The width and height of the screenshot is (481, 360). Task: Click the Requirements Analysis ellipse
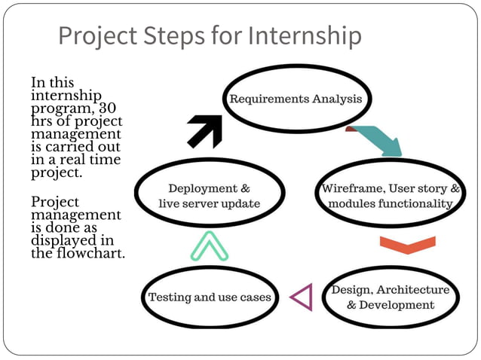296,99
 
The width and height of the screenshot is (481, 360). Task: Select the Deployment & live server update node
209,196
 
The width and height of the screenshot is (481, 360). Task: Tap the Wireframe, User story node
391,195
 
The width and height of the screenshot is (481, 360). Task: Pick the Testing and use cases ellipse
210,297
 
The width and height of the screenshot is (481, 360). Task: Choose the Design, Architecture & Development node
391,297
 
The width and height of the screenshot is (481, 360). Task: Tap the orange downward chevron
407,246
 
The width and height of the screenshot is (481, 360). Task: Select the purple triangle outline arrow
302,297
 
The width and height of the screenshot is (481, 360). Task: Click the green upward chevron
209,246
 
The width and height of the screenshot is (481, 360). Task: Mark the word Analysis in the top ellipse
336,99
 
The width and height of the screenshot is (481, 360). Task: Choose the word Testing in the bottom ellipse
169,297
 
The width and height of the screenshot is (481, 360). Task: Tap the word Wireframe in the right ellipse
350,188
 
